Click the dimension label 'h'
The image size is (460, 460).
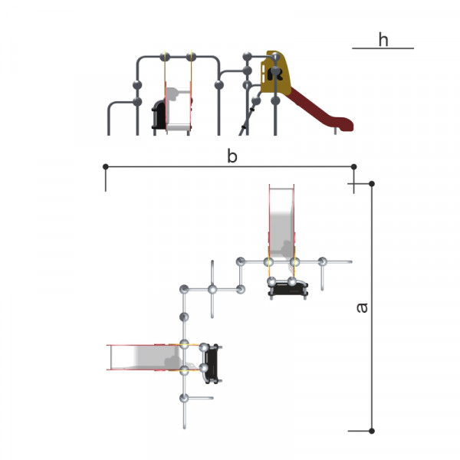383,40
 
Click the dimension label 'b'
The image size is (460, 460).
232,156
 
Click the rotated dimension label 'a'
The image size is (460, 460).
362,307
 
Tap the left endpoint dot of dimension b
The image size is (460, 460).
106,166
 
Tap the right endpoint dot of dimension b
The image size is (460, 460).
353,166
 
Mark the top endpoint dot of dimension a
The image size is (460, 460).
372,184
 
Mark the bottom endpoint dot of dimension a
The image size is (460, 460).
372,431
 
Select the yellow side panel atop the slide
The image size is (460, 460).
275,72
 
